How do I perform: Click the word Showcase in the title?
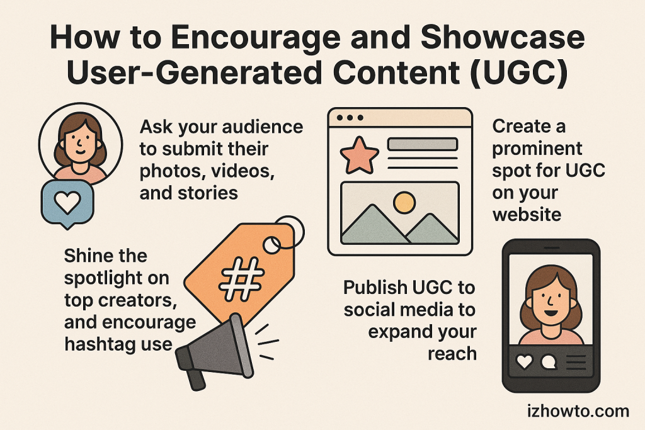502,37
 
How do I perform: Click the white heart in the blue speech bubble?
68,203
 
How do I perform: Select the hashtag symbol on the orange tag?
241,279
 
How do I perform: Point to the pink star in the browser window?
359,156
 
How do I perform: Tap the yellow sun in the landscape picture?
404,202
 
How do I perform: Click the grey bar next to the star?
423,144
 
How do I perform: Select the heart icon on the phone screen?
525,362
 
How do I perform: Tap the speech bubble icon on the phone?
549,362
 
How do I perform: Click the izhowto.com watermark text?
578,411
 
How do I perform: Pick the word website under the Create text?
527,215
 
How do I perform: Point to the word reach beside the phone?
452,354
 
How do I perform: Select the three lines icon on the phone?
576,362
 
